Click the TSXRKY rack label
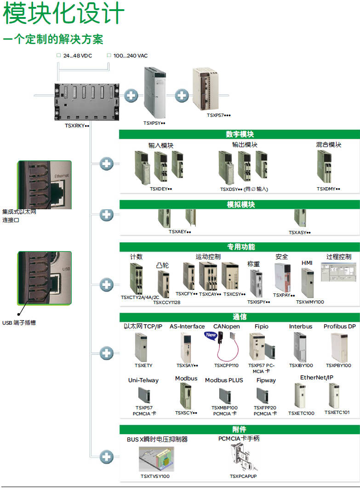click(77, 126)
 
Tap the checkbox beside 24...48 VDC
click(58, 55)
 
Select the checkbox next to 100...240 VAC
click(109, 55)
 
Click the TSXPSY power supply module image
click(154, 92)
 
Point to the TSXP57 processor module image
click(206, 89)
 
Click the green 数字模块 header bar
click(240, 134)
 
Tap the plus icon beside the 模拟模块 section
click(106, 215)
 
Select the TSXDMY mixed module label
click(328, 189)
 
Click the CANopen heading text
click(227, 327)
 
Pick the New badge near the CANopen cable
click(211, 335)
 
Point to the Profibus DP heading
click(339, 327)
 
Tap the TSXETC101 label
click(337, 413)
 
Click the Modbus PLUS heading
click(224, 380)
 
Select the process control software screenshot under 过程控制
click(338, 272)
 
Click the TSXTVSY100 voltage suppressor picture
click(156, 459)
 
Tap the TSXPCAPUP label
click(243, 476)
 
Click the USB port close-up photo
click(45, 278)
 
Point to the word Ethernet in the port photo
click(61, 176)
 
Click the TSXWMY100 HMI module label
click(310, 302)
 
